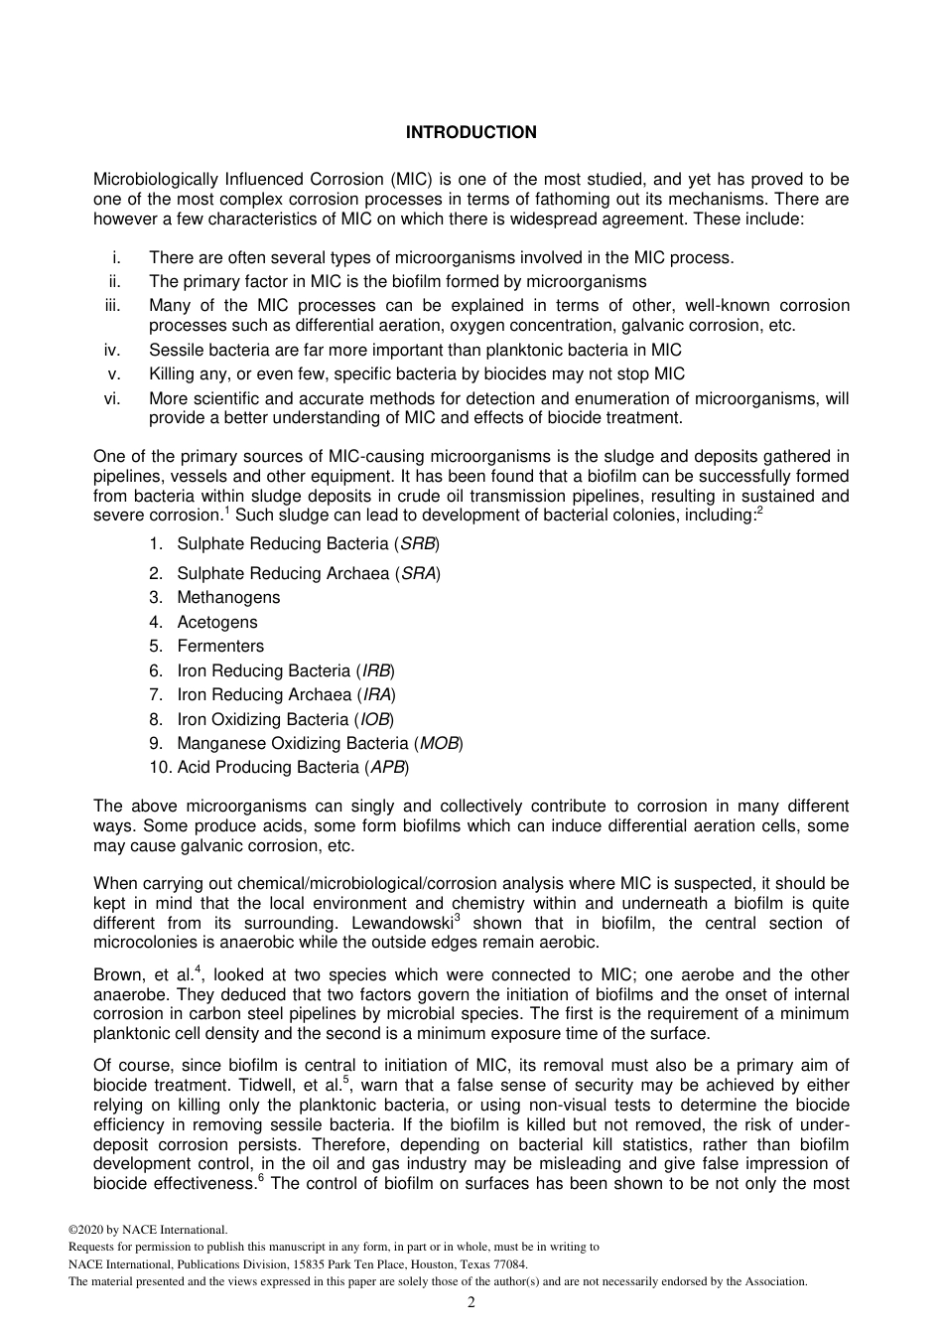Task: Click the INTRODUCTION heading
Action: click(471, 132)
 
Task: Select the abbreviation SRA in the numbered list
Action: click(418, 573)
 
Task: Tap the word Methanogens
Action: click(228, 597)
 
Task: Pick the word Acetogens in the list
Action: click(216, 622)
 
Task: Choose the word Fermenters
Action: click(220, 646)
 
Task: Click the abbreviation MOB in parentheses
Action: click(439, 743)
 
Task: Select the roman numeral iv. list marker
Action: click(112, 350)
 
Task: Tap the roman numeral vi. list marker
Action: click(112, 398)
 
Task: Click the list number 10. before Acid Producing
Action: click(159, 767)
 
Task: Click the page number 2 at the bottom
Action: click(471, 1302)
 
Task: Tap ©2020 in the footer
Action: click(86, 1230)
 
